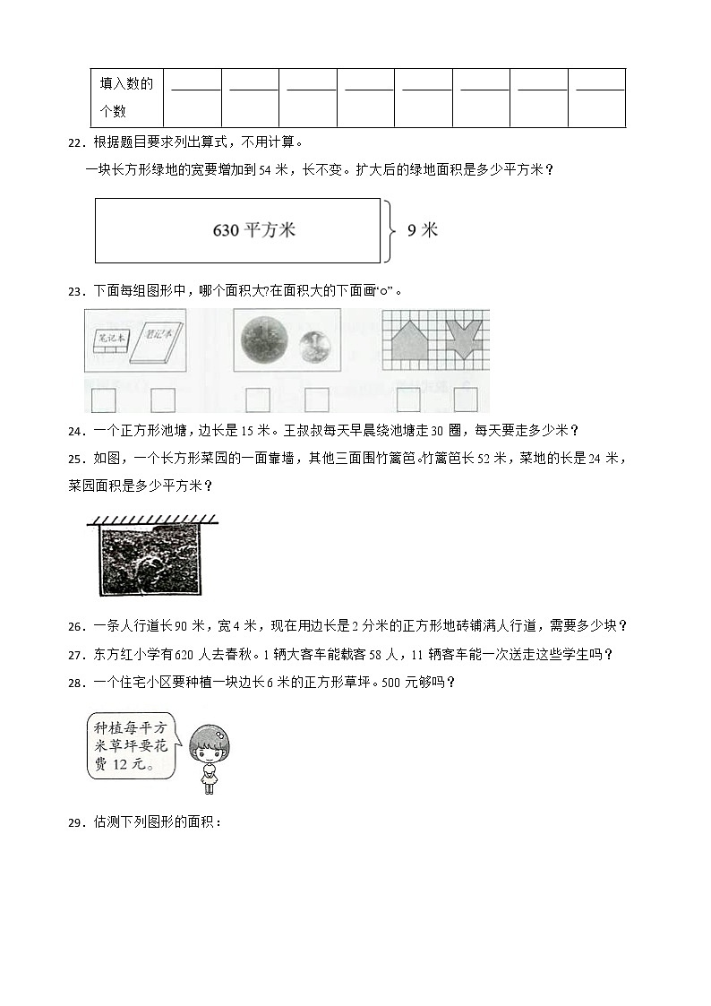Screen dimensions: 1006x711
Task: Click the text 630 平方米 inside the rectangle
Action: tap(254, 230)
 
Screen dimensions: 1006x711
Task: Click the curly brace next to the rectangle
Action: tap(390, 230)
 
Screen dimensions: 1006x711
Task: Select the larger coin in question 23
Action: tap(263, 340)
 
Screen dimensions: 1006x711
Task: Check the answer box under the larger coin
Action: tap(258, 400)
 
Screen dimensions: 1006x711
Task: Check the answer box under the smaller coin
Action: tap(317, 400)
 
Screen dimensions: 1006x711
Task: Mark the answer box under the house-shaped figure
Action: tap(408, 400)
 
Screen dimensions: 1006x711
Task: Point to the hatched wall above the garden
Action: tap(152, 518)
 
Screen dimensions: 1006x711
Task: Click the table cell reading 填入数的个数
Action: tap(126, 98)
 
